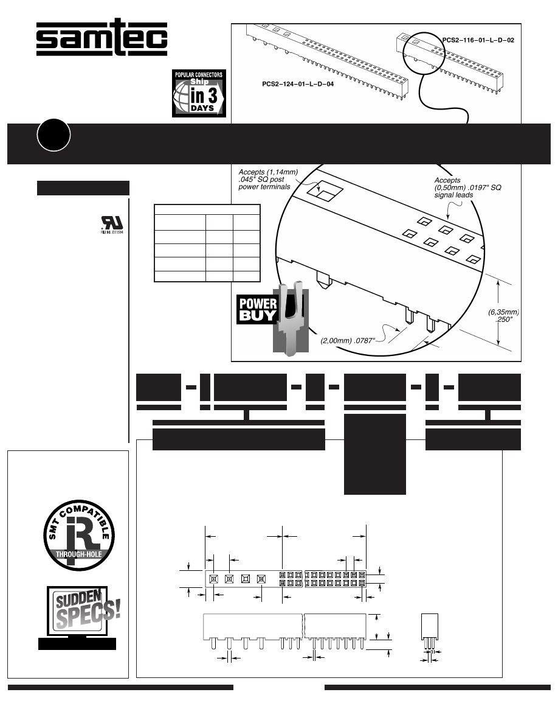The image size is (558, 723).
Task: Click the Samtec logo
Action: (102, 39)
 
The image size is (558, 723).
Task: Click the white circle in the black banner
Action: (53, 137)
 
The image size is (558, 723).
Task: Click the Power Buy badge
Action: (257, 309)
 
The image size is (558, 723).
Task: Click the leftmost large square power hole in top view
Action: (214, 578)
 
